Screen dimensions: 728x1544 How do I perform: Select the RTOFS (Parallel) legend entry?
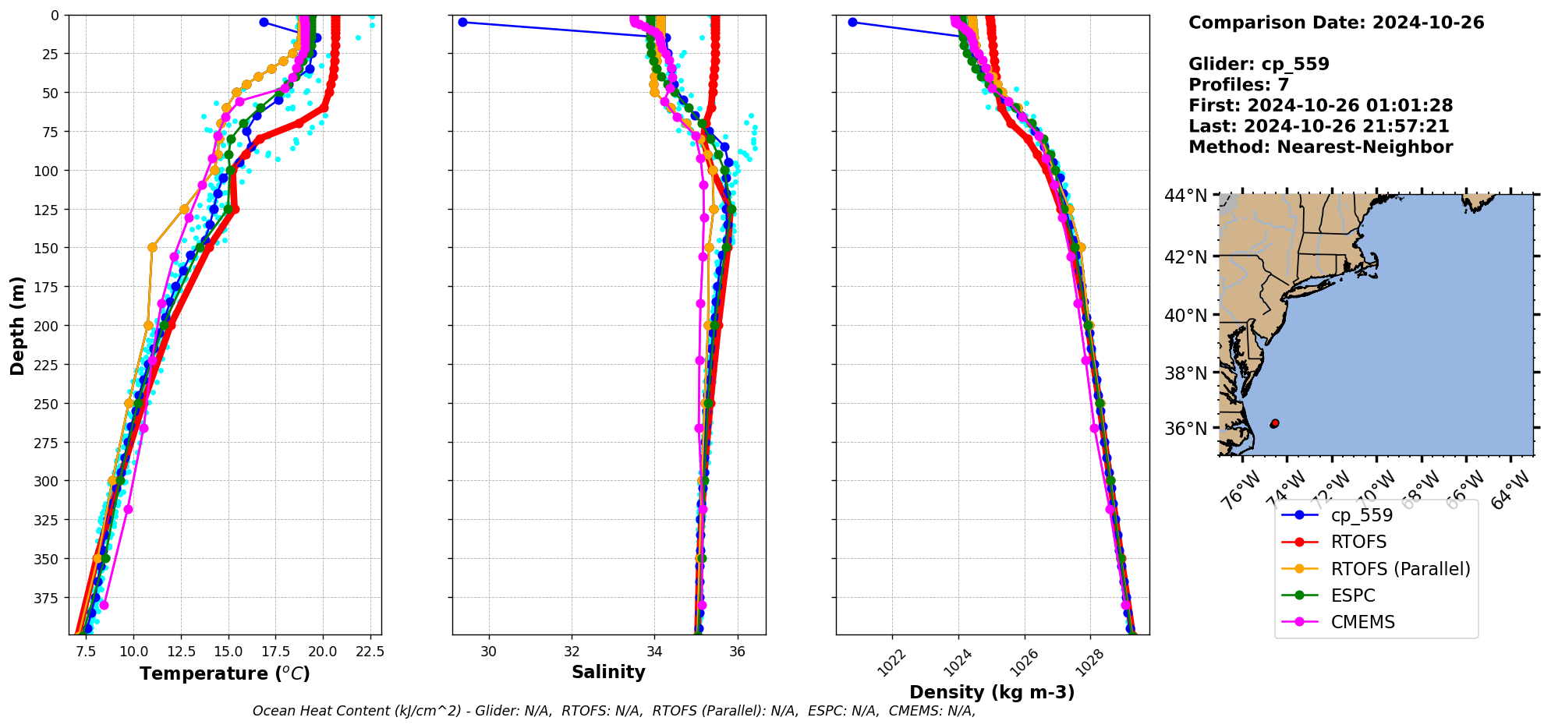pyautogui.click(x=1400, y=569)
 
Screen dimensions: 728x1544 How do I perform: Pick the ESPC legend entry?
pyautogui.click(x=1353, y=595)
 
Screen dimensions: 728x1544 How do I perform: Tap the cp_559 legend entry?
pyautogui.click(x=1362, y=515)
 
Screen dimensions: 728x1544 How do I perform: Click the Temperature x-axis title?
pyautogui.click(x=225, y=673)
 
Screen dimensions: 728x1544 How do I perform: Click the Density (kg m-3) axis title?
pyautogui.click(x=992, y=692)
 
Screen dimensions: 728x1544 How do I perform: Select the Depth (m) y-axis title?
pyautogui.click(x=17, y=325)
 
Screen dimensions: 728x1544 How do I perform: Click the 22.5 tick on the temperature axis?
pyautogui.click(x=370, y=652)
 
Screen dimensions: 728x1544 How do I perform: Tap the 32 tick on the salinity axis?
pyautogui.click(x=572, y=652)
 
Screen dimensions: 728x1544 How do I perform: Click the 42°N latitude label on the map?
pyautogui.click(x=1185, y=257)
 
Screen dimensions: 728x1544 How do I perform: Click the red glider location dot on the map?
pyautogui.click(x=1275, y=423)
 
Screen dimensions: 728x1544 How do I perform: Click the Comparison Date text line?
pyautogui.click(x=1336, y=23)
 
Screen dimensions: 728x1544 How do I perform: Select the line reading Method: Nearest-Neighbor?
pyautogui.click(x=1320, y=147)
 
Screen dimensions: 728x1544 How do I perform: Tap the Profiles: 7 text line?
pyautogui.click(x=1238, y=85)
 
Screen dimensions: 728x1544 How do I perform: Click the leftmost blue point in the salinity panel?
pyautogui.click(x=462, y=22)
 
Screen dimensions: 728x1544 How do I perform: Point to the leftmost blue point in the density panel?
pyautogui.click(x=852, y=22)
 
